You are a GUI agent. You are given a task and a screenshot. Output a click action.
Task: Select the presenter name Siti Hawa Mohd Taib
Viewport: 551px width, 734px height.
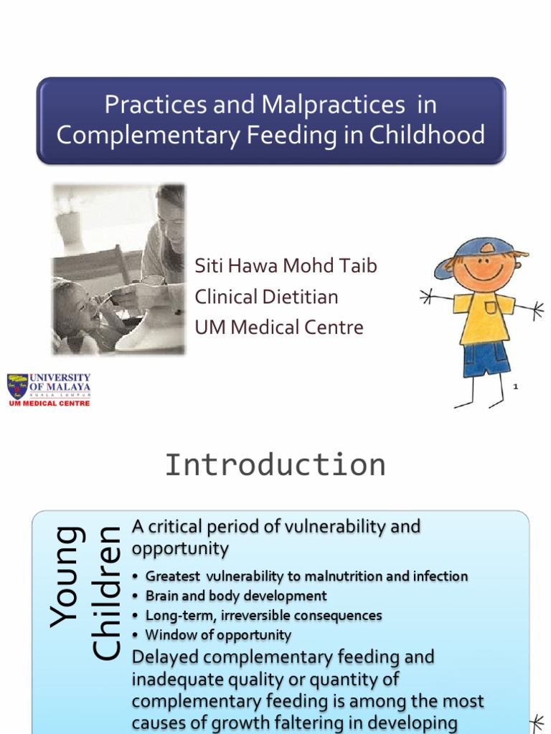coord(286,267)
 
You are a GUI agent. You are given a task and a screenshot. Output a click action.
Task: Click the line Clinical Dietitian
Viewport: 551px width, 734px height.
coord(266,297)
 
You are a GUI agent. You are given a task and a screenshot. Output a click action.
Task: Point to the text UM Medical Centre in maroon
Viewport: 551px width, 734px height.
coord(279,328)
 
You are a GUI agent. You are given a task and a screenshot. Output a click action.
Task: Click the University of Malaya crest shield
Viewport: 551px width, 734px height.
coord(17,386)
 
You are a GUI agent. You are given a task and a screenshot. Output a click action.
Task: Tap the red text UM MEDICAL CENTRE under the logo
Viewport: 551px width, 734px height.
coord(49,404)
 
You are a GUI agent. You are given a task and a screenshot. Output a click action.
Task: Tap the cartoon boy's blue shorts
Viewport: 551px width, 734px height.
coord(486,358)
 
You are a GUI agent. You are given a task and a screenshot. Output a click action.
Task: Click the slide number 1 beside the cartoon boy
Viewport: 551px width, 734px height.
coord(515,387)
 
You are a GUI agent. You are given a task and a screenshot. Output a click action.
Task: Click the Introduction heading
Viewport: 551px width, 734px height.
coord(275,465)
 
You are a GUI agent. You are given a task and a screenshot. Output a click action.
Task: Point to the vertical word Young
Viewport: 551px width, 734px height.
coord(66,577)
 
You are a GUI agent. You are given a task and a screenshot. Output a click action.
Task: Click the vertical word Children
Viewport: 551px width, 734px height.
coord(106,594)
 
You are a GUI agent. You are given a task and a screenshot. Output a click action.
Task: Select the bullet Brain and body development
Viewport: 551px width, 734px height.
coord(236,596)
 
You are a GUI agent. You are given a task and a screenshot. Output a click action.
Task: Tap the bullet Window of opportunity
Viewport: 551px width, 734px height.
coord(218,634)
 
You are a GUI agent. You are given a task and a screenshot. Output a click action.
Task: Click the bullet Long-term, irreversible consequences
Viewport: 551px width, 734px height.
coord(263,615)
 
